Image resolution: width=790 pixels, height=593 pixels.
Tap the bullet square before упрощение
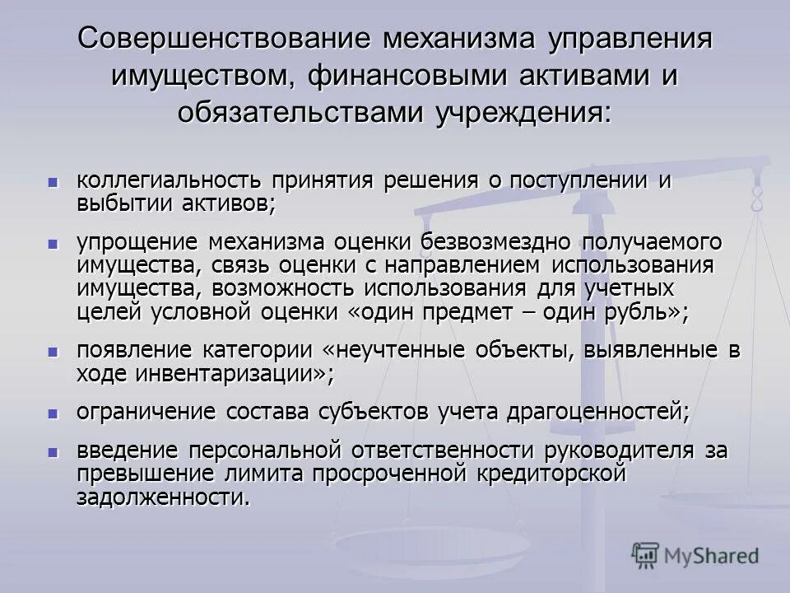tap(53, 244)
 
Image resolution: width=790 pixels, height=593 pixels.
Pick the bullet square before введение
tap(53, 451)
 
